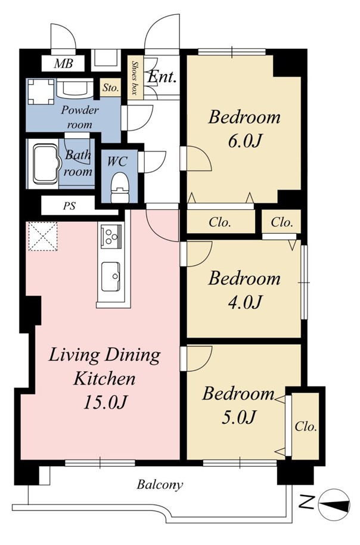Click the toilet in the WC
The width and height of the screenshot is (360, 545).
120,188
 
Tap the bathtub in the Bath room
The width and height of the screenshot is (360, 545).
45,164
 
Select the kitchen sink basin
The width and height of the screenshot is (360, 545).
111,277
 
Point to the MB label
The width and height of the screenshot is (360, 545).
64,64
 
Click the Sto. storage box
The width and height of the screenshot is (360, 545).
111,88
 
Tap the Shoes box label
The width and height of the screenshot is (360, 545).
134,78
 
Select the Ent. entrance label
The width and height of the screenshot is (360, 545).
162,76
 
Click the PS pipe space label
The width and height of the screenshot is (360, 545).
69,206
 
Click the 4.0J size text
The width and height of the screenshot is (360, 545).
244,302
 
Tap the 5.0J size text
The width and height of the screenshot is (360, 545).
239,417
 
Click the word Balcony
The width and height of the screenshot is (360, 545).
160,485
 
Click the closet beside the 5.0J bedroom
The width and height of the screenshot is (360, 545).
305,426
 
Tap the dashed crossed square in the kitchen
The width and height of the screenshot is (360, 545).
43,236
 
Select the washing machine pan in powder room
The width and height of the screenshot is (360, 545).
41,92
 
